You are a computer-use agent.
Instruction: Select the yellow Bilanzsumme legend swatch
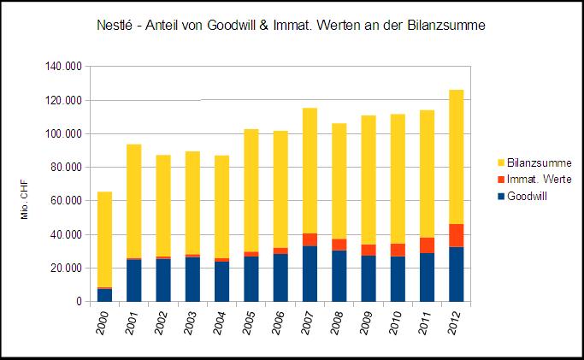click(500, 162)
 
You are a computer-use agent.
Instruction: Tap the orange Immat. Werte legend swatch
click(500, 179)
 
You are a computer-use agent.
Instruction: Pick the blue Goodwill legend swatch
click(500, 196)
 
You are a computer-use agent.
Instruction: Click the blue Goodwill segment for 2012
click(456, 274)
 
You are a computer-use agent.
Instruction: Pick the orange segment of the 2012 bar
click(456, 236)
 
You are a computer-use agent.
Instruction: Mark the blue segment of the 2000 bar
click(104, 295)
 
